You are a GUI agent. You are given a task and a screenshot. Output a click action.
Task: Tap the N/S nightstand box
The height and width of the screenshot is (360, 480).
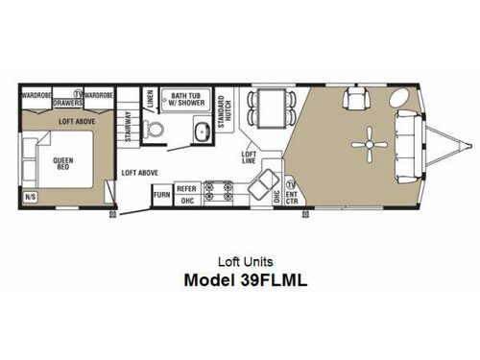[x=32, y=197]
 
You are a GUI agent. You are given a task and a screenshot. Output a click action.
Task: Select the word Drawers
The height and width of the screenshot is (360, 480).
[x=66, y=103]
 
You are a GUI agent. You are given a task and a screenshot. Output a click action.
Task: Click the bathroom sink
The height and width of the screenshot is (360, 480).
[x=203, y=133]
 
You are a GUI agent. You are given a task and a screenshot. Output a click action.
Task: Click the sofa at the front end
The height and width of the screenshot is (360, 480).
[x=406, y=144]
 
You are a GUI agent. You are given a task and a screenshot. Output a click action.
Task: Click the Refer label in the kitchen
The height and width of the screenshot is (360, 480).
[x=187, y=189]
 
